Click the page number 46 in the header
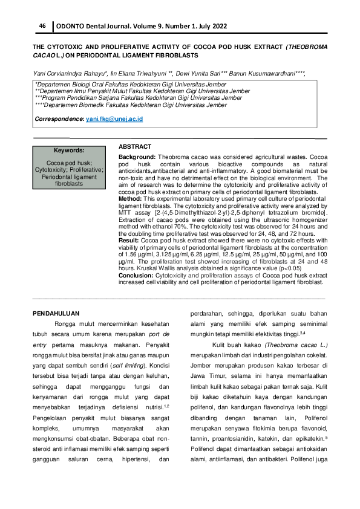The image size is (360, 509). (x=42, y=26)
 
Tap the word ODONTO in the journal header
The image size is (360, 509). (x=71, y=26)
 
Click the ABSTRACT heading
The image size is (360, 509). (x=135, y=147)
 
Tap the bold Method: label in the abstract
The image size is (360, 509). (x=130, y=198)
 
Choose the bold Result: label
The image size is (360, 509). (x=129, y=240)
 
